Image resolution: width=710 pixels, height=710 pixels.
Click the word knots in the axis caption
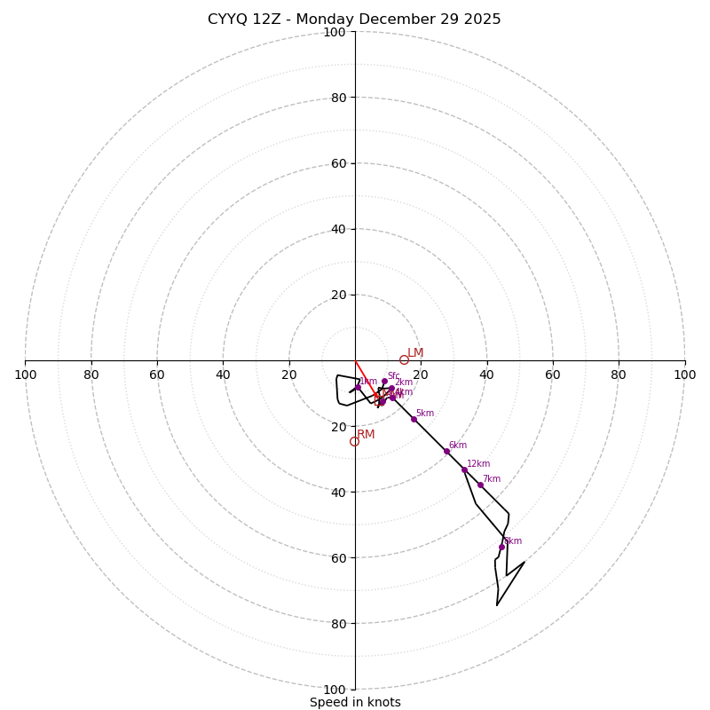pos(383,702)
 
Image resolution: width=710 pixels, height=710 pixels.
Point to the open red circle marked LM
pos(404,359)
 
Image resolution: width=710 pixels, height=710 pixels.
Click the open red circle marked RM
pos(354,441)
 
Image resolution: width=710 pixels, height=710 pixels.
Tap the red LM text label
pos(415,353)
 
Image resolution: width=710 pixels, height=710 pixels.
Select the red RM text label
pos(366,435)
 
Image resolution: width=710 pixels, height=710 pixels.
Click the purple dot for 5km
pos(414,419)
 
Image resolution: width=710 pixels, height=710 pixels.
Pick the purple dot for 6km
pos(446,451)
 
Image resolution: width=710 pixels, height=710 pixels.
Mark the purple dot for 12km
pos(464,469)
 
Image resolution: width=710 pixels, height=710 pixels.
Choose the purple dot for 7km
pos(480,485)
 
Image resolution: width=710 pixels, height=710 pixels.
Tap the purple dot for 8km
pos(501,547)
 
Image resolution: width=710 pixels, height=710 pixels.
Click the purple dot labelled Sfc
pos(384,382)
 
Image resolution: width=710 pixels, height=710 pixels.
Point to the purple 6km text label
pos(457,446)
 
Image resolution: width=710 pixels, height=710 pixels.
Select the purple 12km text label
pos(478,463)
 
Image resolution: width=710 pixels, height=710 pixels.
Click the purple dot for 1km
pos(358,388)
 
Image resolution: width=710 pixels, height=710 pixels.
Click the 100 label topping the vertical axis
pos(335,32)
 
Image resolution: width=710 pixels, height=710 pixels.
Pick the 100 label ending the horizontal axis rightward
pos(685,375)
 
